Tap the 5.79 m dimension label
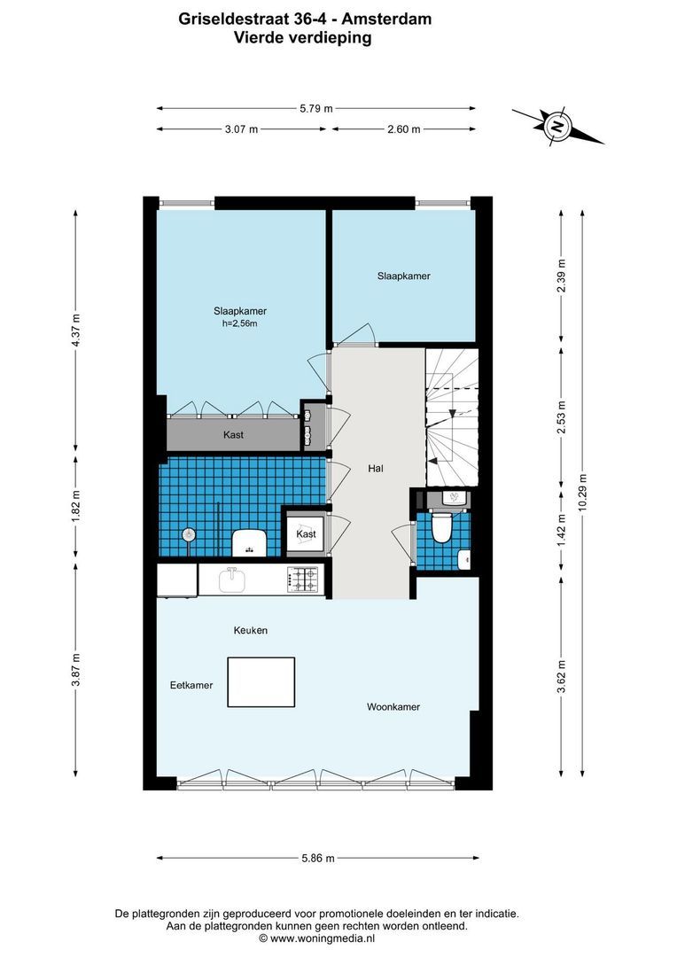point(316,108)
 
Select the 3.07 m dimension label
point(241,129)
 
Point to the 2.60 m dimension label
point(403,129)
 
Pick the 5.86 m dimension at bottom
point(317,858)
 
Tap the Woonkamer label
point(393,707)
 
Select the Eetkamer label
point(191,685)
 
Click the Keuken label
point(250,630)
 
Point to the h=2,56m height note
point(240,323)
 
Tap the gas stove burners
point(306,580)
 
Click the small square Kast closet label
point(306,534)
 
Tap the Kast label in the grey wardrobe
point(233,435)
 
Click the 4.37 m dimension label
point(76,330)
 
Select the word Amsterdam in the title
point(388,17)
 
